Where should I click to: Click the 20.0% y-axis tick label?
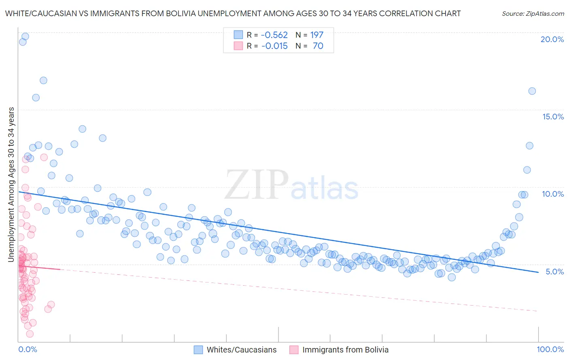pos(552,39)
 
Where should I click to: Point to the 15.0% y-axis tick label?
pos(553,117)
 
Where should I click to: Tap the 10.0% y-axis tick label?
pos(553,194)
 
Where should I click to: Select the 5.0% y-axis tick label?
pos(554,272)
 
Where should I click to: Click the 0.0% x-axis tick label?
pos(28,350)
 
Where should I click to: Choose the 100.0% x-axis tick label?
pos(550,350)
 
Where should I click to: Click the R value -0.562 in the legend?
pos(274,35)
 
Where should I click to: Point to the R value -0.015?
pos(274,46)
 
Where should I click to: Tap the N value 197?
pos(317,35)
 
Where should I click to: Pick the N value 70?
pos(318,46)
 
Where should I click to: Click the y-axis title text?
pos(11,185)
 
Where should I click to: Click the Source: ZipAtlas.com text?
pos(533,13)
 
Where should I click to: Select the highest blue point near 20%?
pos(25,36)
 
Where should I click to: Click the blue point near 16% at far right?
pos(532,91)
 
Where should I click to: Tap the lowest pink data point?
pos(30,334)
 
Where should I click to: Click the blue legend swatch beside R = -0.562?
pos(238,35)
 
